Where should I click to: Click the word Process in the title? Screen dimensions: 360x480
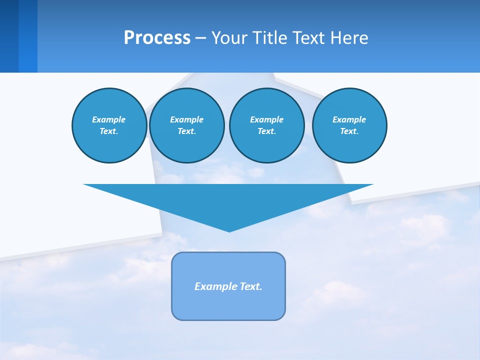tap(157, 38)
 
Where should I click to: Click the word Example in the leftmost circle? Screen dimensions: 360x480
tap(109, 119)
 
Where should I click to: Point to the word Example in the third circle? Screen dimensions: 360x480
tap(266, 119)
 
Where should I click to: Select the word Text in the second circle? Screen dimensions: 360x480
tap(186, 131)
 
